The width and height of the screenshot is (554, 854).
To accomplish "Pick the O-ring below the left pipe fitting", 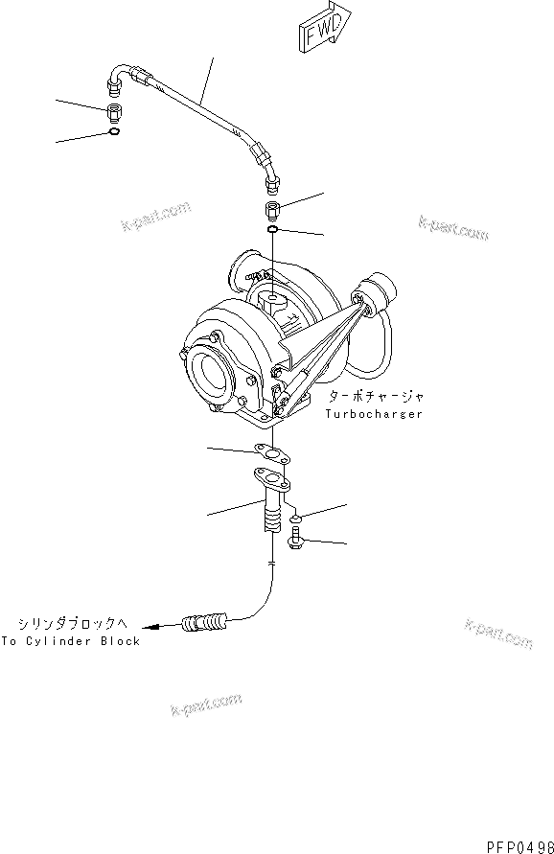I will pos(114,132).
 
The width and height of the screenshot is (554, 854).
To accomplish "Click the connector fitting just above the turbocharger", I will pos(271,210).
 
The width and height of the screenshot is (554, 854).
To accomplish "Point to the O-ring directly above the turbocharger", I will pos(272,230).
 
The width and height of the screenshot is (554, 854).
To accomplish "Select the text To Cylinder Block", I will pos(71,641).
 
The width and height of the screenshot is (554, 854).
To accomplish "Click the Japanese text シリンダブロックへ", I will pos(75,621).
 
